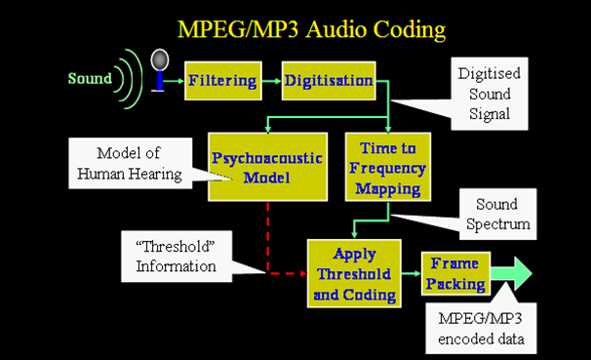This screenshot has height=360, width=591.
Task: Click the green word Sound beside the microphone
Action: [89, 77]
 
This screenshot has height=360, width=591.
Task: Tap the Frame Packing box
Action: [453, 275]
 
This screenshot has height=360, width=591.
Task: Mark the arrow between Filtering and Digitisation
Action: [274, 80]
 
